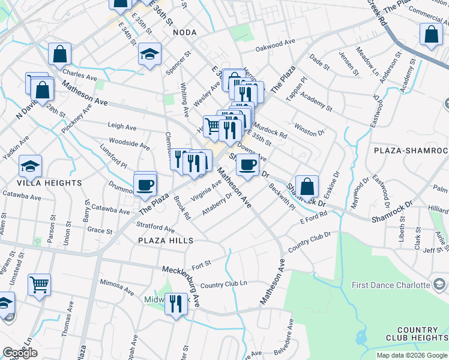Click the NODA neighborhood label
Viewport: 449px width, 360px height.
[185, 33]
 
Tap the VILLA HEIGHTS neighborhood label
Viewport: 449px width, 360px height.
[49, 182]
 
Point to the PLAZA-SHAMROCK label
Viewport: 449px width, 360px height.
[411, 149]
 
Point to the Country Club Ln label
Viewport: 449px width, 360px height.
[223, 284]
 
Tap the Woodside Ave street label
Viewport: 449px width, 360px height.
[128, 145]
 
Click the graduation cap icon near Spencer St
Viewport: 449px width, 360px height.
[149, 55]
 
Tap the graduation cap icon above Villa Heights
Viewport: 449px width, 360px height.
[30, 166]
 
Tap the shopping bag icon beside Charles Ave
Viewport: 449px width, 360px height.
[59, 55]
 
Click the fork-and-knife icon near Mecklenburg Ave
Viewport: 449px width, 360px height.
[175, 303]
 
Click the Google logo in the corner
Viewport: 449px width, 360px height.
[20, 353]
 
